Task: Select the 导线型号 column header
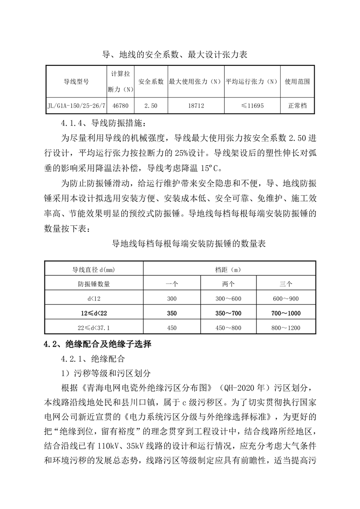coord(76,82)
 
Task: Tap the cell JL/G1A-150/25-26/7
coord(76,105)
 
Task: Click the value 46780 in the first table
coord(120,105)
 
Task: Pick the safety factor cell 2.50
coord(151,105)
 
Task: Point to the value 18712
coord(196,105)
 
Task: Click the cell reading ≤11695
coord(252,105)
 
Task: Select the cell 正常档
coord(297,105)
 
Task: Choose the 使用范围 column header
coord(297,82)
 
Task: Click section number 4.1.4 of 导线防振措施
coord(74,122)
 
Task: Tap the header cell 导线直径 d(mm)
coord(94,269)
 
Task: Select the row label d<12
coord(94,299)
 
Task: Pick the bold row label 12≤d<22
coord(94,313)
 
